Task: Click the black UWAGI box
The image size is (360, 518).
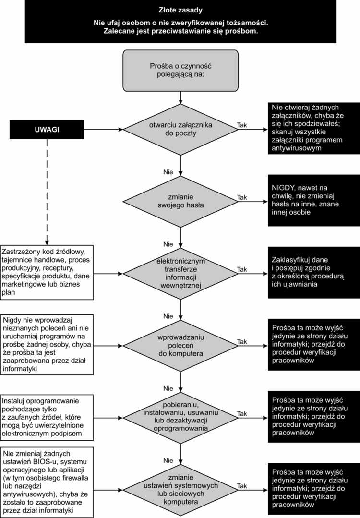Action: click(47, 130)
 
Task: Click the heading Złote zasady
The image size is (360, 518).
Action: click(180, 10)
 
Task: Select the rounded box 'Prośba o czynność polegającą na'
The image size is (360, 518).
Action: click(180, 71)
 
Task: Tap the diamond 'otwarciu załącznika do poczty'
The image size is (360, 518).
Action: click(180, 130)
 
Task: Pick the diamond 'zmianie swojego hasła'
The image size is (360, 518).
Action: click(180, 202)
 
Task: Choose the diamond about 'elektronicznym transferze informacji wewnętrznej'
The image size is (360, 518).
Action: click(180, 274)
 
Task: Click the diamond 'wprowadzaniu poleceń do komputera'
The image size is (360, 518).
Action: click(180, 346)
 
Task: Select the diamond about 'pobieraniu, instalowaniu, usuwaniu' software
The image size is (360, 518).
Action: click(180, 418)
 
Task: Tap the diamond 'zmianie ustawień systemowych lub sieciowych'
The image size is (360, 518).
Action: click(180, 490)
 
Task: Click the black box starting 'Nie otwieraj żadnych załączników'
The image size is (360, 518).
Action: click(314, 128)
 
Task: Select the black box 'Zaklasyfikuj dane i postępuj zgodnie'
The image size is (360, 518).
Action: click(314, 273)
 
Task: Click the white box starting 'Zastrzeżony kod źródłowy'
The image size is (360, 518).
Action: click(47, 272)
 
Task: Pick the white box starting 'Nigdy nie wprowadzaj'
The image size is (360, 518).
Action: click(47, 345)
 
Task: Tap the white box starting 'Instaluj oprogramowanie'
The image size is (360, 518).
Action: click(47, 418)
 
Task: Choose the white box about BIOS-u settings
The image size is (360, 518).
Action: click(47, 482)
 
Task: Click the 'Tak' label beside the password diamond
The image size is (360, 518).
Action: click(242, 197)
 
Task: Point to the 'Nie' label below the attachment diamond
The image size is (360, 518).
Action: click(168, 172)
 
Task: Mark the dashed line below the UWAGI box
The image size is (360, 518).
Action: click(47, 192)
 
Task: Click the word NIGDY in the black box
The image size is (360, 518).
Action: click(283, 188)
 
